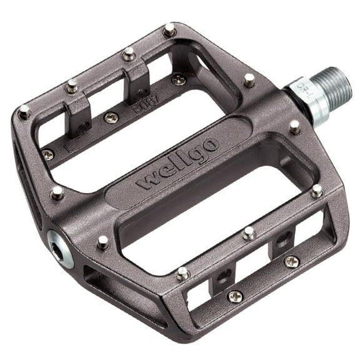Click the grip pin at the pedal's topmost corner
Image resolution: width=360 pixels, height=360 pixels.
pos(169,29)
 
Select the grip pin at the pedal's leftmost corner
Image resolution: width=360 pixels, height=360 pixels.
pos(24,112)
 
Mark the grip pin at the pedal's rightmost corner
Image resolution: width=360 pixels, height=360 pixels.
pos(317,191)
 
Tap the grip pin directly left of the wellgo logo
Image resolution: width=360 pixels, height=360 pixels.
pos(57,193)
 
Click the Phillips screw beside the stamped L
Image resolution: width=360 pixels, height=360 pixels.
pos(47,154)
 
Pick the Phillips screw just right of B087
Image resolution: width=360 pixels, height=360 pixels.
pos(179,79)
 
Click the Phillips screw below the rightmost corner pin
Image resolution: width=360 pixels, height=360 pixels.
pos(291,261)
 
